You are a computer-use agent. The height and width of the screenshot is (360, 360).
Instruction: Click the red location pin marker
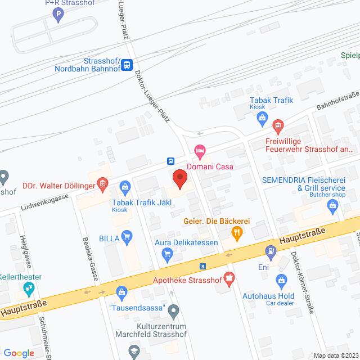tap(179, 178)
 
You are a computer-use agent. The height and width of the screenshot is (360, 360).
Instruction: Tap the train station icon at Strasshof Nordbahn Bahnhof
tap(128, 65)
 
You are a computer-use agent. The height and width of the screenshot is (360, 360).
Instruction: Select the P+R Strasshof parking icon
tap(58, 17)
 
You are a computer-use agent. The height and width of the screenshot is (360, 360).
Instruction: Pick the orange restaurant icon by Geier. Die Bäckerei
tap(238, 231)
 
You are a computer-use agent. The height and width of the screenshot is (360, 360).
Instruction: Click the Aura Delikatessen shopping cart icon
tap(166, 254)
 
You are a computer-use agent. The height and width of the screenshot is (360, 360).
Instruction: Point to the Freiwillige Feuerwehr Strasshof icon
tap(277, 125)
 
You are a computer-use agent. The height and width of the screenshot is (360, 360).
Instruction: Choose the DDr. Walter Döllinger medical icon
tap(102, 183)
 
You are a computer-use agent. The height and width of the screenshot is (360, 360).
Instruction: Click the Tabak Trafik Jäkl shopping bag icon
tap(125, 185)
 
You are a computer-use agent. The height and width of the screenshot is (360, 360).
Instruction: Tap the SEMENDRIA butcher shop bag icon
tap(333, 206)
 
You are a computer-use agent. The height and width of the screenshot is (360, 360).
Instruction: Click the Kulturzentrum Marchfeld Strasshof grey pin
tap(173, 309)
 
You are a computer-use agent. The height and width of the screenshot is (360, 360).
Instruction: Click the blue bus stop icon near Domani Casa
tap(170, 160)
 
